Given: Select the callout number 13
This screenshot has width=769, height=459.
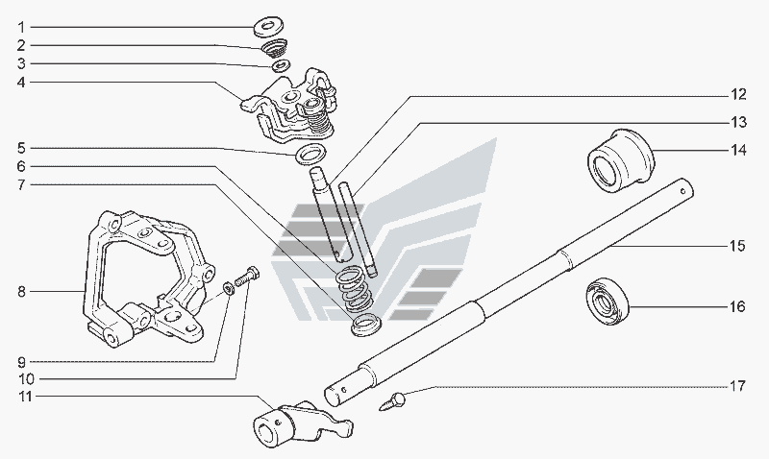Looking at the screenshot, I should pyautogui.click(x=736, y=122).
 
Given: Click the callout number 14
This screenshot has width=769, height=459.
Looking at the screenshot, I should pyautogui.click(x=736, y=150).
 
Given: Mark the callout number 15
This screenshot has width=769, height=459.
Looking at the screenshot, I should pyautogui.click(x=736, y=246).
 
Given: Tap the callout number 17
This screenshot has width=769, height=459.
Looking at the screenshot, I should pyautogui.click(x=736, y=387).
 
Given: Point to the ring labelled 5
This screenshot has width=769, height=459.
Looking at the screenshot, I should pyautogui.click(x=309, y=155).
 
